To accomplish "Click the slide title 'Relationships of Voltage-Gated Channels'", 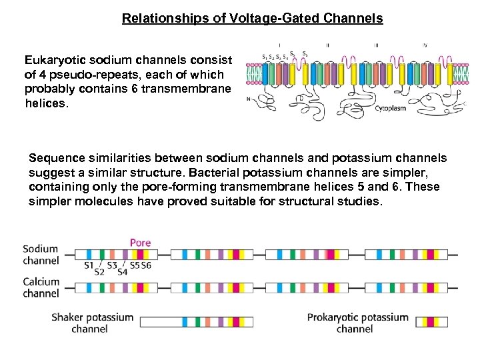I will coord(252,19).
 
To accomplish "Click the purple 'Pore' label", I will coord(140,243).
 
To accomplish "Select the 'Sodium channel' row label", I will coord(41,255).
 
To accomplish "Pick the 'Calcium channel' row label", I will coord(41,287).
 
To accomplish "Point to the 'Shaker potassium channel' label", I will coord(92,323).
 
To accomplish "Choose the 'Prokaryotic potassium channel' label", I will coord(357,323).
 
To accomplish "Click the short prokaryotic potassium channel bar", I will coord(432,322).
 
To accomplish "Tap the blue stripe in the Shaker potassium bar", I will coord(184,322).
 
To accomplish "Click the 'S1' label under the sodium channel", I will coord(88,266).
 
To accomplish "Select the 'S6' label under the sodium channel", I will coord(145,266).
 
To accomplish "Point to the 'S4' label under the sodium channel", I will coord(122,271).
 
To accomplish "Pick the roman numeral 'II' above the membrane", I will coord(327,45).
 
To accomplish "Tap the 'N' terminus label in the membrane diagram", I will coord(248,101).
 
